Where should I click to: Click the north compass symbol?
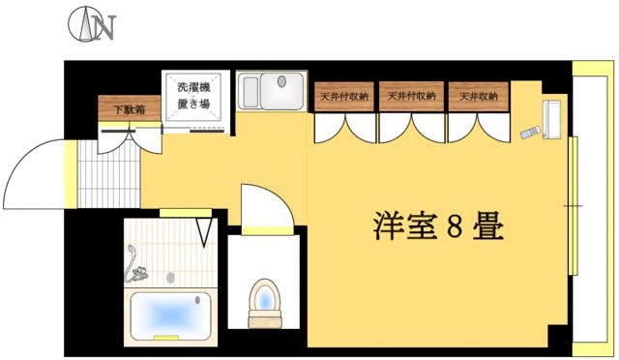91,27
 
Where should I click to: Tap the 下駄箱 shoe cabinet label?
129,109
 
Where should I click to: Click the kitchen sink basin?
280,94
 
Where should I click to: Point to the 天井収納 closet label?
477,97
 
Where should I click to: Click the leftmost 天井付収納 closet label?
341,97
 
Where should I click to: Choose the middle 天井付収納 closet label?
410,97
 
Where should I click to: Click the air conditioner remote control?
529,133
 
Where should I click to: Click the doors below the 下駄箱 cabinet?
129,134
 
